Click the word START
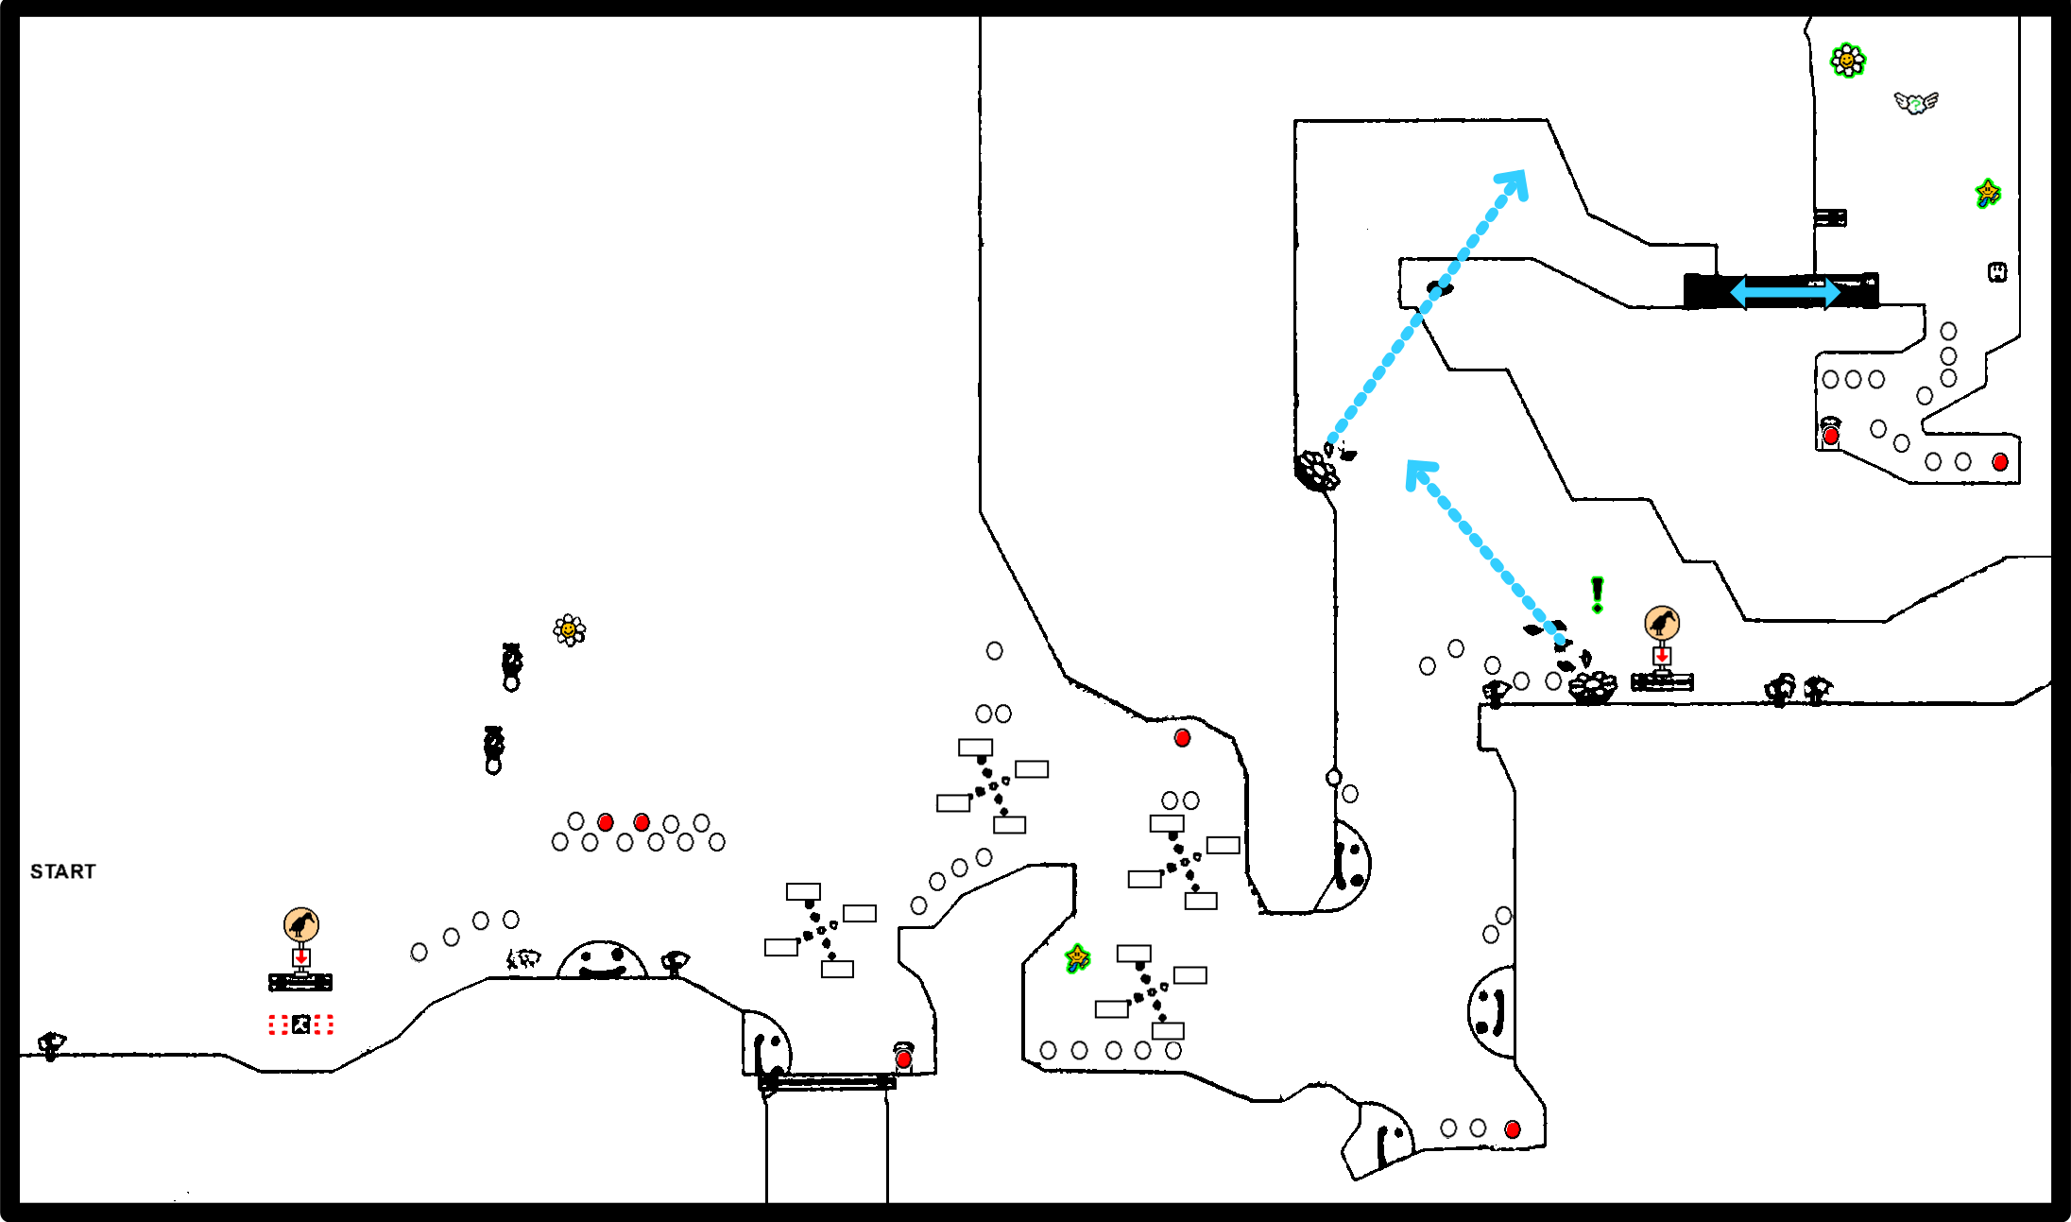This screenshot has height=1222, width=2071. pos(62,871)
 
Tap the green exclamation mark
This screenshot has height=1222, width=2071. pos(1597,594)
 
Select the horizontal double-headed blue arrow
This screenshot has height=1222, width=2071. pos(1784,292)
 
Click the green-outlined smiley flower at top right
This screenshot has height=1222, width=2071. pos(1847,60)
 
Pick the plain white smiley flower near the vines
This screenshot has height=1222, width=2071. pos(569,629)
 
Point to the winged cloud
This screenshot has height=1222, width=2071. pos(1915,102)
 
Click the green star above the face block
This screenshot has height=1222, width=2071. pos(1988,193)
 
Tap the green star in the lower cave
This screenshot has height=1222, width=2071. pos(1077,957)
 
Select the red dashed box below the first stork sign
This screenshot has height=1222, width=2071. pos(300,1024)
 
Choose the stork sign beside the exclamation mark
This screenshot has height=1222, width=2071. pos(1662,623)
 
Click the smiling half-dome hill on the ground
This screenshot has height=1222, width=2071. pos(602,961)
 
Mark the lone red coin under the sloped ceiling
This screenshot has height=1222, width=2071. pos(1182,738)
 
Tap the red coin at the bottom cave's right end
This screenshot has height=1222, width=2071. pos(1513,1129)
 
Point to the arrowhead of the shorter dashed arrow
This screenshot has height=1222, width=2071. pos(1417,470)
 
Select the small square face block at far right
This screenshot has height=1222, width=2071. pos(1997,272)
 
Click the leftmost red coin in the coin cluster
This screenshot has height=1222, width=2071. pos(606,822)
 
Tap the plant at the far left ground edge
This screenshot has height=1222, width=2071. pos(51,1045)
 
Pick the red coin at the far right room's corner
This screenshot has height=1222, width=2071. pos(2000,462)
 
